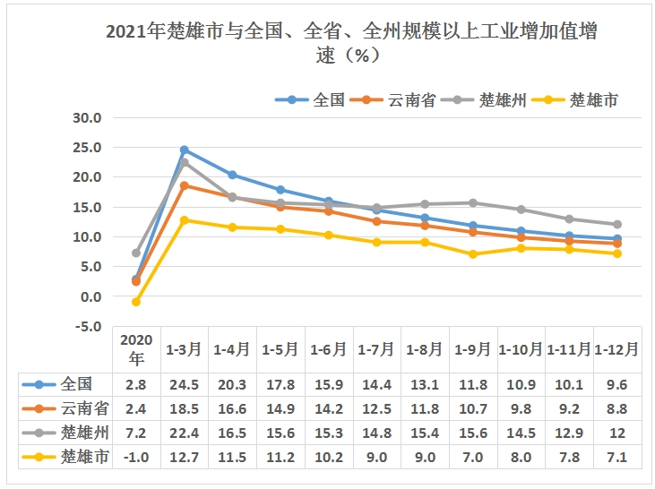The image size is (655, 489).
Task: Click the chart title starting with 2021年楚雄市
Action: click(x=350, y=43)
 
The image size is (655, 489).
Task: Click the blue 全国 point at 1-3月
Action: click(x=185, y=150)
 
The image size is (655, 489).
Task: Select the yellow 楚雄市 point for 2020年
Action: click(x=136, y=302)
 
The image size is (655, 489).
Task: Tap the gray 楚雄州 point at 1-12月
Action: click(x=616, y=224)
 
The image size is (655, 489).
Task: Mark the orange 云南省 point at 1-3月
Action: click(x=185, y=185)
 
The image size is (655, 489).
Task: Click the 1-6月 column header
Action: click(x=330, y=350)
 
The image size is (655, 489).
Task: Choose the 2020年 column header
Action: click(x=136, y=349)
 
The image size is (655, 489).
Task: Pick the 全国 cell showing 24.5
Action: click(x=185, y=385)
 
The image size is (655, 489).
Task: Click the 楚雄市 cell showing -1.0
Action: click(x=136, y=458)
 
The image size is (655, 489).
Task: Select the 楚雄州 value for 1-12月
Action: click(x=616, y=433)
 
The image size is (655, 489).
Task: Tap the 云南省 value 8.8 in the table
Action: click(x=616, y=409)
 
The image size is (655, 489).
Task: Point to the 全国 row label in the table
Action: click(x=77, y=385)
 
